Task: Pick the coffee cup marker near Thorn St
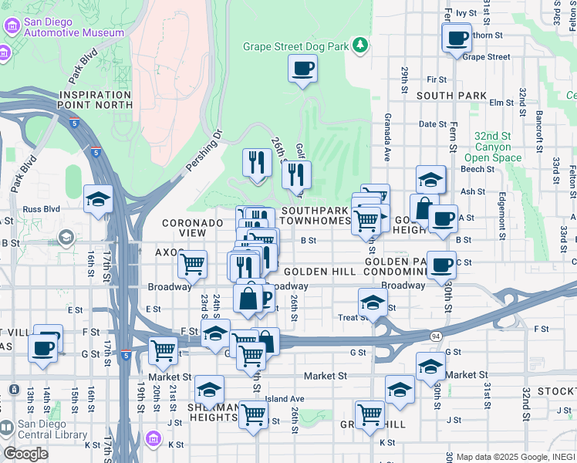(x=456, y=38)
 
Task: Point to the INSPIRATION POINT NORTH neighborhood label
(x=95, y=100)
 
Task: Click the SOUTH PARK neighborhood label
(x=451, y=95)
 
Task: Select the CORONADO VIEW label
(x=193, y=228)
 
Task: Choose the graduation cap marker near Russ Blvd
(x=98, y=199)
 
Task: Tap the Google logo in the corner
(x=25, y=454)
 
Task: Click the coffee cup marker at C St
(x=441, y=265)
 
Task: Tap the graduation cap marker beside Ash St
(x=430, y=180)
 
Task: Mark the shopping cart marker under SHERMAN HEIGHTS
(x=253, y=415)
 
